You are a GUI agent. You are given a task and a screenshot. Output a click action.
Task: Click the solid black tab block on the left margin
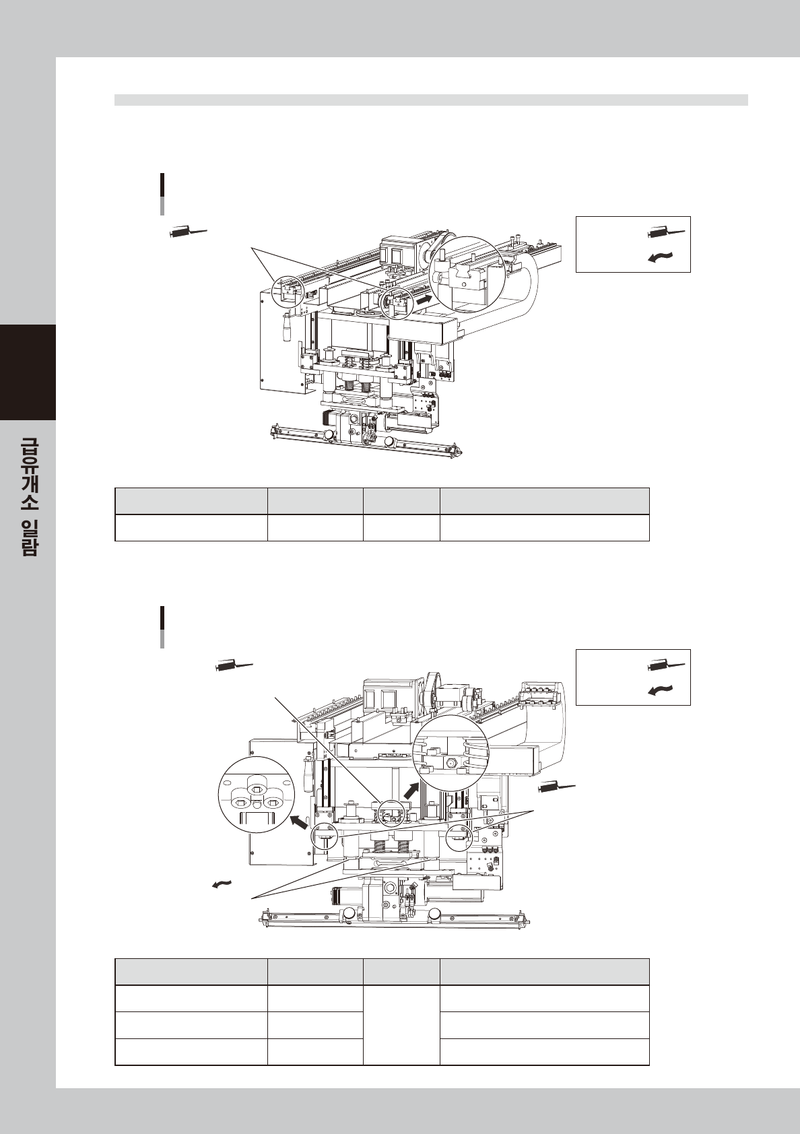pos(28,372)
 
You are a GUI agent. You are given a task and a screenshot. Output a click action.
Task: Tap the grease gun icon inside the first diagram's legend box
pos(666,233)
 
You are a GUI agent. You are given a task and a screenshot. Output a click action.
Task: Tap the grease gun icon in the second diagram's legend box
pos(666,666)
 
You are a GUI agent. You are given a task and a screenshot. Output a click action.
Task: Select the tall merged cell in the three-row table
pos(401,1025)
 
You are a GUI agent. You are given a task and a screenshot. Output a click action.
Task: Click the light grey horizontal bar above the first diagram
pos(431,100)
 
